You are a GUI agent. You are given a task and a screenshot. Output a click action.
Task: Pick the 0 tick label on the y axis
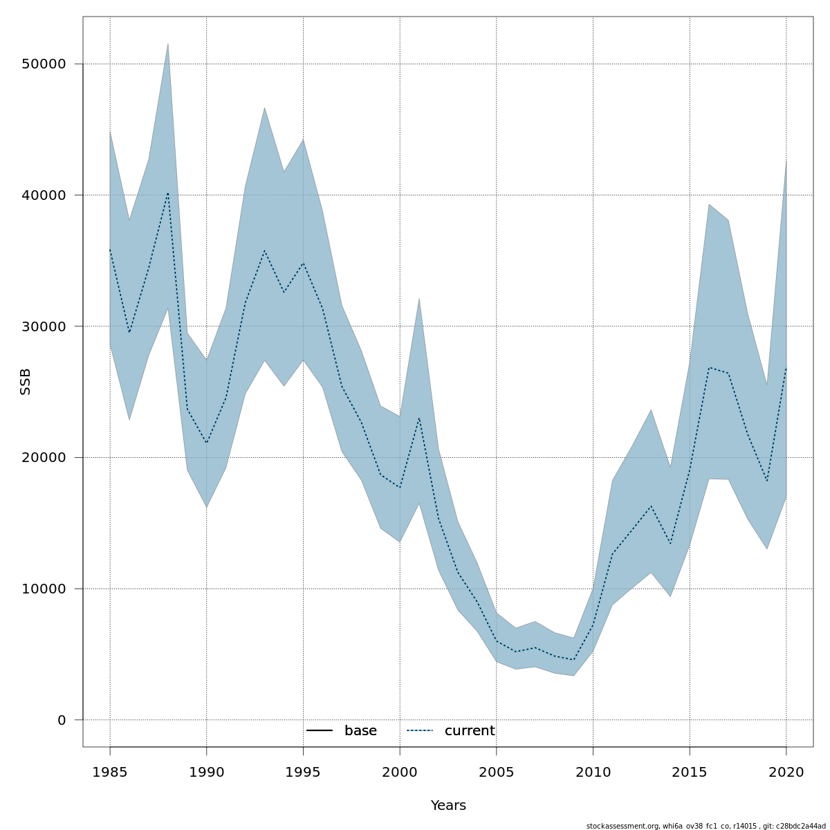(62, 720)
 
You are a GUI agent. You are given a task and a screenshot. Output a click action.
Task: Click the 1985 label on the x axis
(110, 772)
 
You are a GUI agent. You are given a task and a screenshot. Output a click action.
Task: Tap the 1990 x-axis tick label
(207, 772)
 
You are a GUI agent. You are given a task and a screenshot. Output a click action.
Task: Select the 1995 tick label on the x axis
(303, 772)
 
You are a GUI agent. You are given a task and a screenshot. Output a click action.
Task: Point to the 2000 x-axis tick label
(400, 772)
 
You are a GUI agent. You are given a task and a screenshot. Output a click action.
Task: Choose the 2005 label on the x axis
(497, 772)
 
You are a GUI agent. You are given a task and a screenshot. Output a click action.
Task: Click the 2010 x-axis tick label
(593, 772)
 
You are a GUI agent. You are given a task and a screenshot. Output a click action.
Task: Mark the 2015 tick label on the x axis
(690, 772)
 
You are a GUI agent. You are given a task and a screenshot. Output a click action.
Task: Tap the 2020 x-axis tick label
(786, 772)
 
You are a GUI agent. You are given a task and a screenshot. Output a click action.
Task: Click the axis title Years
(448, 806)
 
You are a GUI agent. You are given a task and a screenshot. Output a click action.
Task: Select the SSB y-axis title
(26, 382)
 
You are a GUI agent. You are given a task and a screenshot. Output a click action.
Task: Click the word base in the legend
(360, 731)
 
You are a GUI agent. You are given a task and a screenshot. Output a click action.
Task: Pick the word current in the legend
(470, 731)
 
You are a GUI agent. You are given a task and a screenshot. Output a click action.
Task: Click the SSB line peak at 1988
(167, 193)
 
